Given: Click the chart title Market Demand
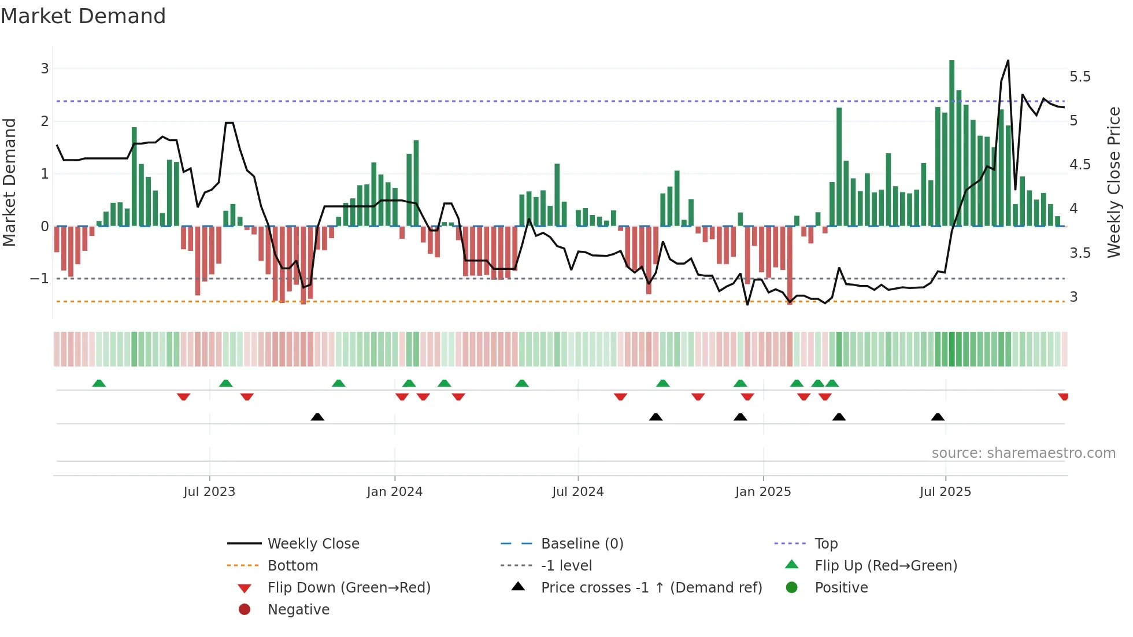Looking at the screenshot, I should [x=83, y=16].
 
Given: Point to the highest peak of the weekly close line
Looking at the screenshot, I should [x=1008, y=61].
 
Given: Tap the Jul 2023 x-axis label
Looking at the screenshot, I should [x=209, y=492].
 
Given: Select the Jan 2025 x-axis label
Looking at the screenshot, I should [x=763, y=492].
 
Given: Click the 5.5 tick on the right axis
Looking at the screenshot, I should [x=1080, y=77].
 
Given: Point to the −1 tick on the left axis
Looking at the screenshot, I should [x=39, y=279].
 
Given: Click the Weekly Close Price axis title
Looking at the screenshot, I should [x=1113, y=182].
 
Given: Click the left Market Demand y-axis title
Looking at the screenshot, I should [x=10, y=182].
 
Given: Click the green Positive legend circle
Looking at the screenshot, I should [x=792, y=588].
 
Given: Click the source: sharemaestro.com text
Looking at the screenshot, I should [x=1023, y=453].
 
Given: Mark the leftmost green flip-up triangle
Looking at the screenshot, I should [x=99, y=383].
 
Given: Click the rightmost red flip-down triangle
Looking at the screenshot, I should [x=1063, y=397].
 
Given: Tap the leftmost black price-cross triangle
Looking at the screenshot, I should [x=317, y=417].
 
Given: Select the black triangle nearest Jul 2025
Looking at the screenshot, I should [x=938, y=417].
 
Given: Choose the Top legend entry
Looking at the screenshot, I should [x=825, y=544].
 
